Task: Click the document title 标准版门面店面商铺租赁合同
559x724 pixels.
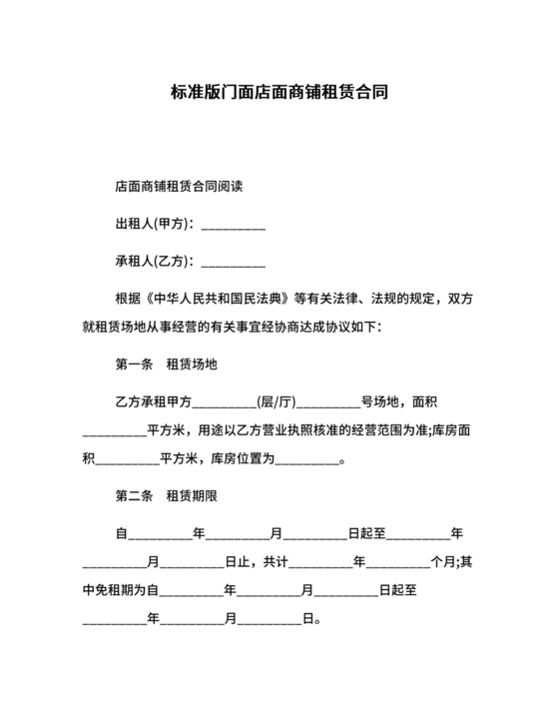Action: coord(279,93)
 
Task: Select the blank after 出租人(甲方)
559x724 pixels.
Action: coord(234,225)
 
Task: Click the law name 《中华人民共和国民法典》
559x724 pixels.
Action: coord(218,299)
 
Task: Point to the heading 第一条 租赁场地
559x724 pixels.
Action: coord(166,365)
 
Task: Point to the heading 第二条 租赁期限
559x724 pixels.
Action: coord(166,496)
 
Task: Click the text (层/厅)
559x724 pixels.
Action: coord(277,402)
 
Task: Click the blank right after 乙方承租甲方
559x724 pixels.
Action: coord(224,404)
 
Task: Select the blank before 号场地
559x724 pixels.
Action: coord(328,404)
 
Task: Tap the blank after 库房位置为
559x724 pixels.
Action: coord(306,463)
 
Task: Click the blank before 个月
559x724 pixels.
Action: coord(399,564)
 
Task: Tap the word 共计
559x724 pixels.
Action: coord(275,562)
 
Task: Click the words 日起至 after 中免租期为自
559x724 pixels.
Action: coord(397,591)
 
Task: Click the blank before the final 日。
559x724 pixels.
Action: coord(269,622)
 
